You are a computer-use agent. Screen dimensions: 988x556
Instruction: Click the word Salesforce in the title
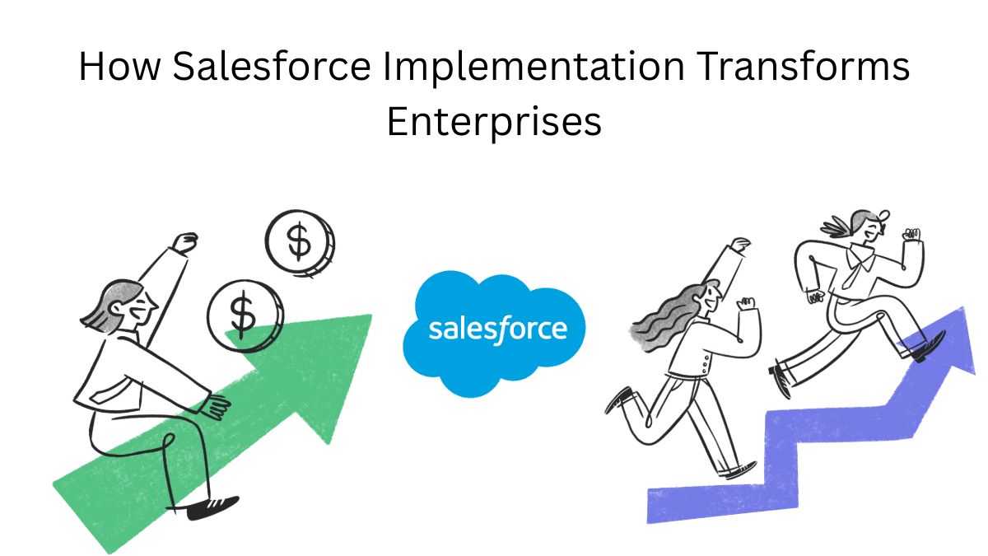(271, 66)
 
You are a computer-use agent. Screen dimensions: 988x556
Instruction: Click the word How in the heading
(119, 66)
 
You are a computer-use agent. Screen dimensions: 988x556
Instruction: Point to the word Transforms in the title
(804, 66)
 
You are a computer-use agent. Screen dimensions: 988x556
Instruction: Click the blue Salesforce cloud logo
(495, 334)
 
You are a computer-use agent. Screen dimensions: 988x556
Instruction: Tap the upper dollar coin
(300, 244)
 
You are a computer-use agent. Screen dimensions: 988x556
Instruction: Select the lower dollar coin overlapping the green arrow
(245, 316)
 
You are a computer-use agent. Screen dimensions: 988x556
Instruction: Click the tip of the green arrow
(371, 315)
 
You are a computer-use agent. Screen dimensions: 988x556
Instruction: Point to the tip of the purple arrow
(962, 307)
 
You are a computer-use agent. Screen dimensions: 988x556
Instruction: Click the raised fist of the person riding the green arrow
(185, 243)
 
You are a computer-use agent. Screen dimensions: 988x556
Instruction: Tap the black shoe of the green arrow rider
(212, 507)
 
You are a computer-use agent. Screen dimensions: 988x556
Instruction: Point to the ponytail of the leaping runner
(836, 226)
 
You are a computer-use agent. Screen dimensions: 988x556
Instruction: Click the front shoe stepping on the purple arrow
(930, 348)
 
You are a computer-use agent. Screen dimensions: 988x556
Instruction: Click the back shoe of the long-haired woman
(618, 399)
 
